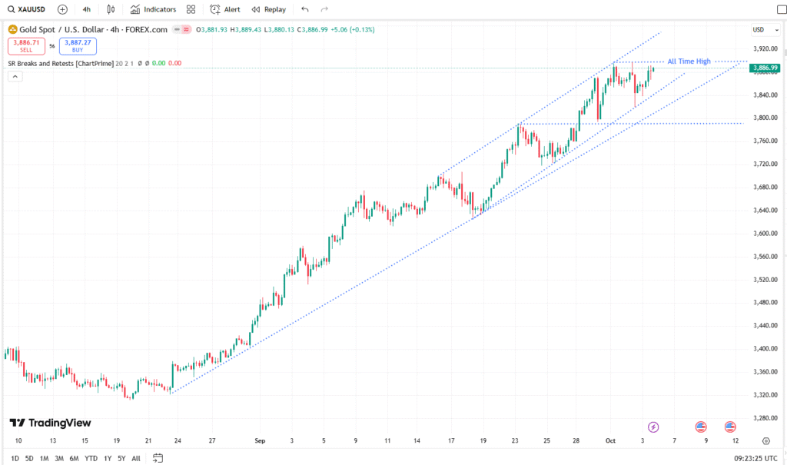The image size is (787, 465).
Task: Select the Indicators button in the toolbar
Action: click(153, 9)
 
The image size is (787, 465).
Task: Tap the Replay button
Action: click(269, 9)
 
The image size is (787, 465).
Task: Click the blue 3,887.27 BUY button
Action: click(78, 46)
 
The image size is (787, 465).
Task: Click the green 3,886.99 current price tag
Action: click(765, 68)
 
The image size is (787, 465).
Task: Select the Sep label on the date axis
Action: click(260, 441)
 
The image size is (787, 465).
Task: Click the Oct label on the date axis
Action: click(610, 441)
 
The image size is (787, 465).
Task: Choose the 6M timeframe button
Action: click(75, 459)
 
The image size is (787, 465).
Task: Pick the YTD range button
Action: click(91, 459)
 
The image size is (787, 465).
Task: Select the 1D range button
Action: click(15, 459)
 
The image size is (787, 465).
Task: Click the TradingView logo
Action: click(51, 423)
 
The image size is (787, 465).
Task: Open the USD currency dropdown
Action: click(760, 29)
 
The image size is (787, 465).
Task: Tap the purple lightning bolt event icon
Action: click(653, 426)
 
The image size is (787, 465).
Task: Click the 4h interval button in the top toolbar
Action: click(87, 9)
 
